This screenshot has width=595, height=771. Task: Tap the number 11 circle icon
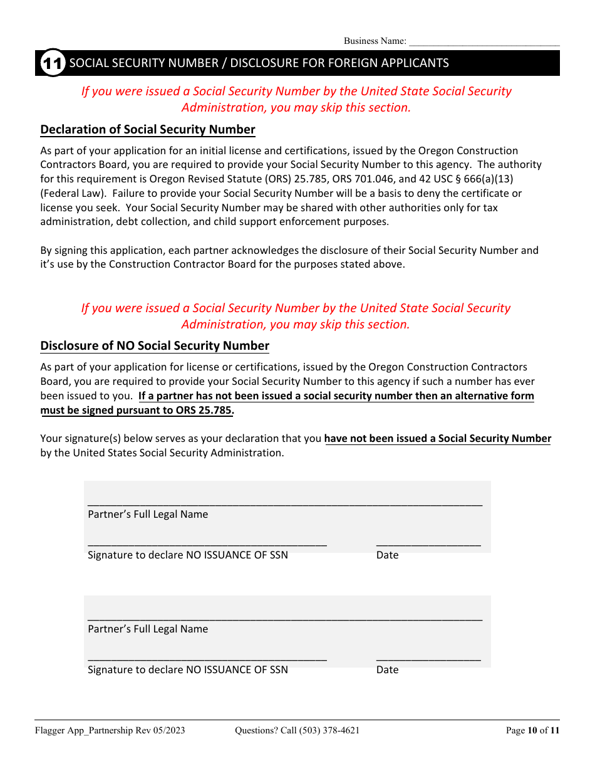point(53,63)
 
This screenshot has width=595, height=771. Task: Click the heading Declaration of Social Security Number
point(148,130)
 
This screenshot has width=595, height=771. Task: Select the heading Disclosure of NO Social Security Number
point(155,346)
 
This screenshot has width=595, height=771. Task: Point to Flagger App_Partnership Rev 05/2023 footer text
point(110,730)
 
